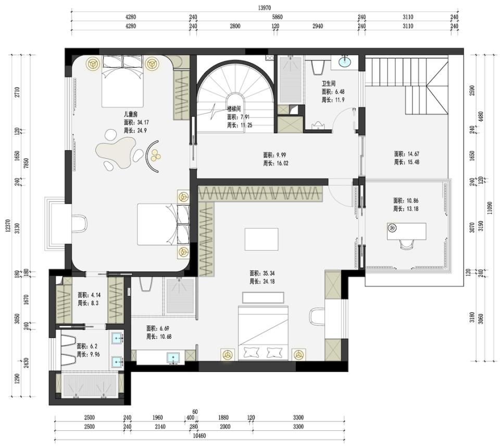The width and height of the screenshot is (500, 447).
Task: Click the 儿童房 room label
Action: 130,114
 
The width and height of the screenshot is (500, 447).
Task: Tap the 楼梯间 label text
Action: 234,109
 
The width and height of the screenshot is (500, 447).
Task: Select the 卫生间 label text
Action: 328,83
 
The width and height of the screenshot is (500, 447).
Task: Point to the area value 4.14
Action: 89,295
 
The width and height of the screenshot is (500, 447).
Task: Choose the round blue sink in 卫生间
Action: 345,63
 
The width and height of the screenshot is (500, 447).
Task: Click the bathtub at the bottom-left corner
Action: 90,386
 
